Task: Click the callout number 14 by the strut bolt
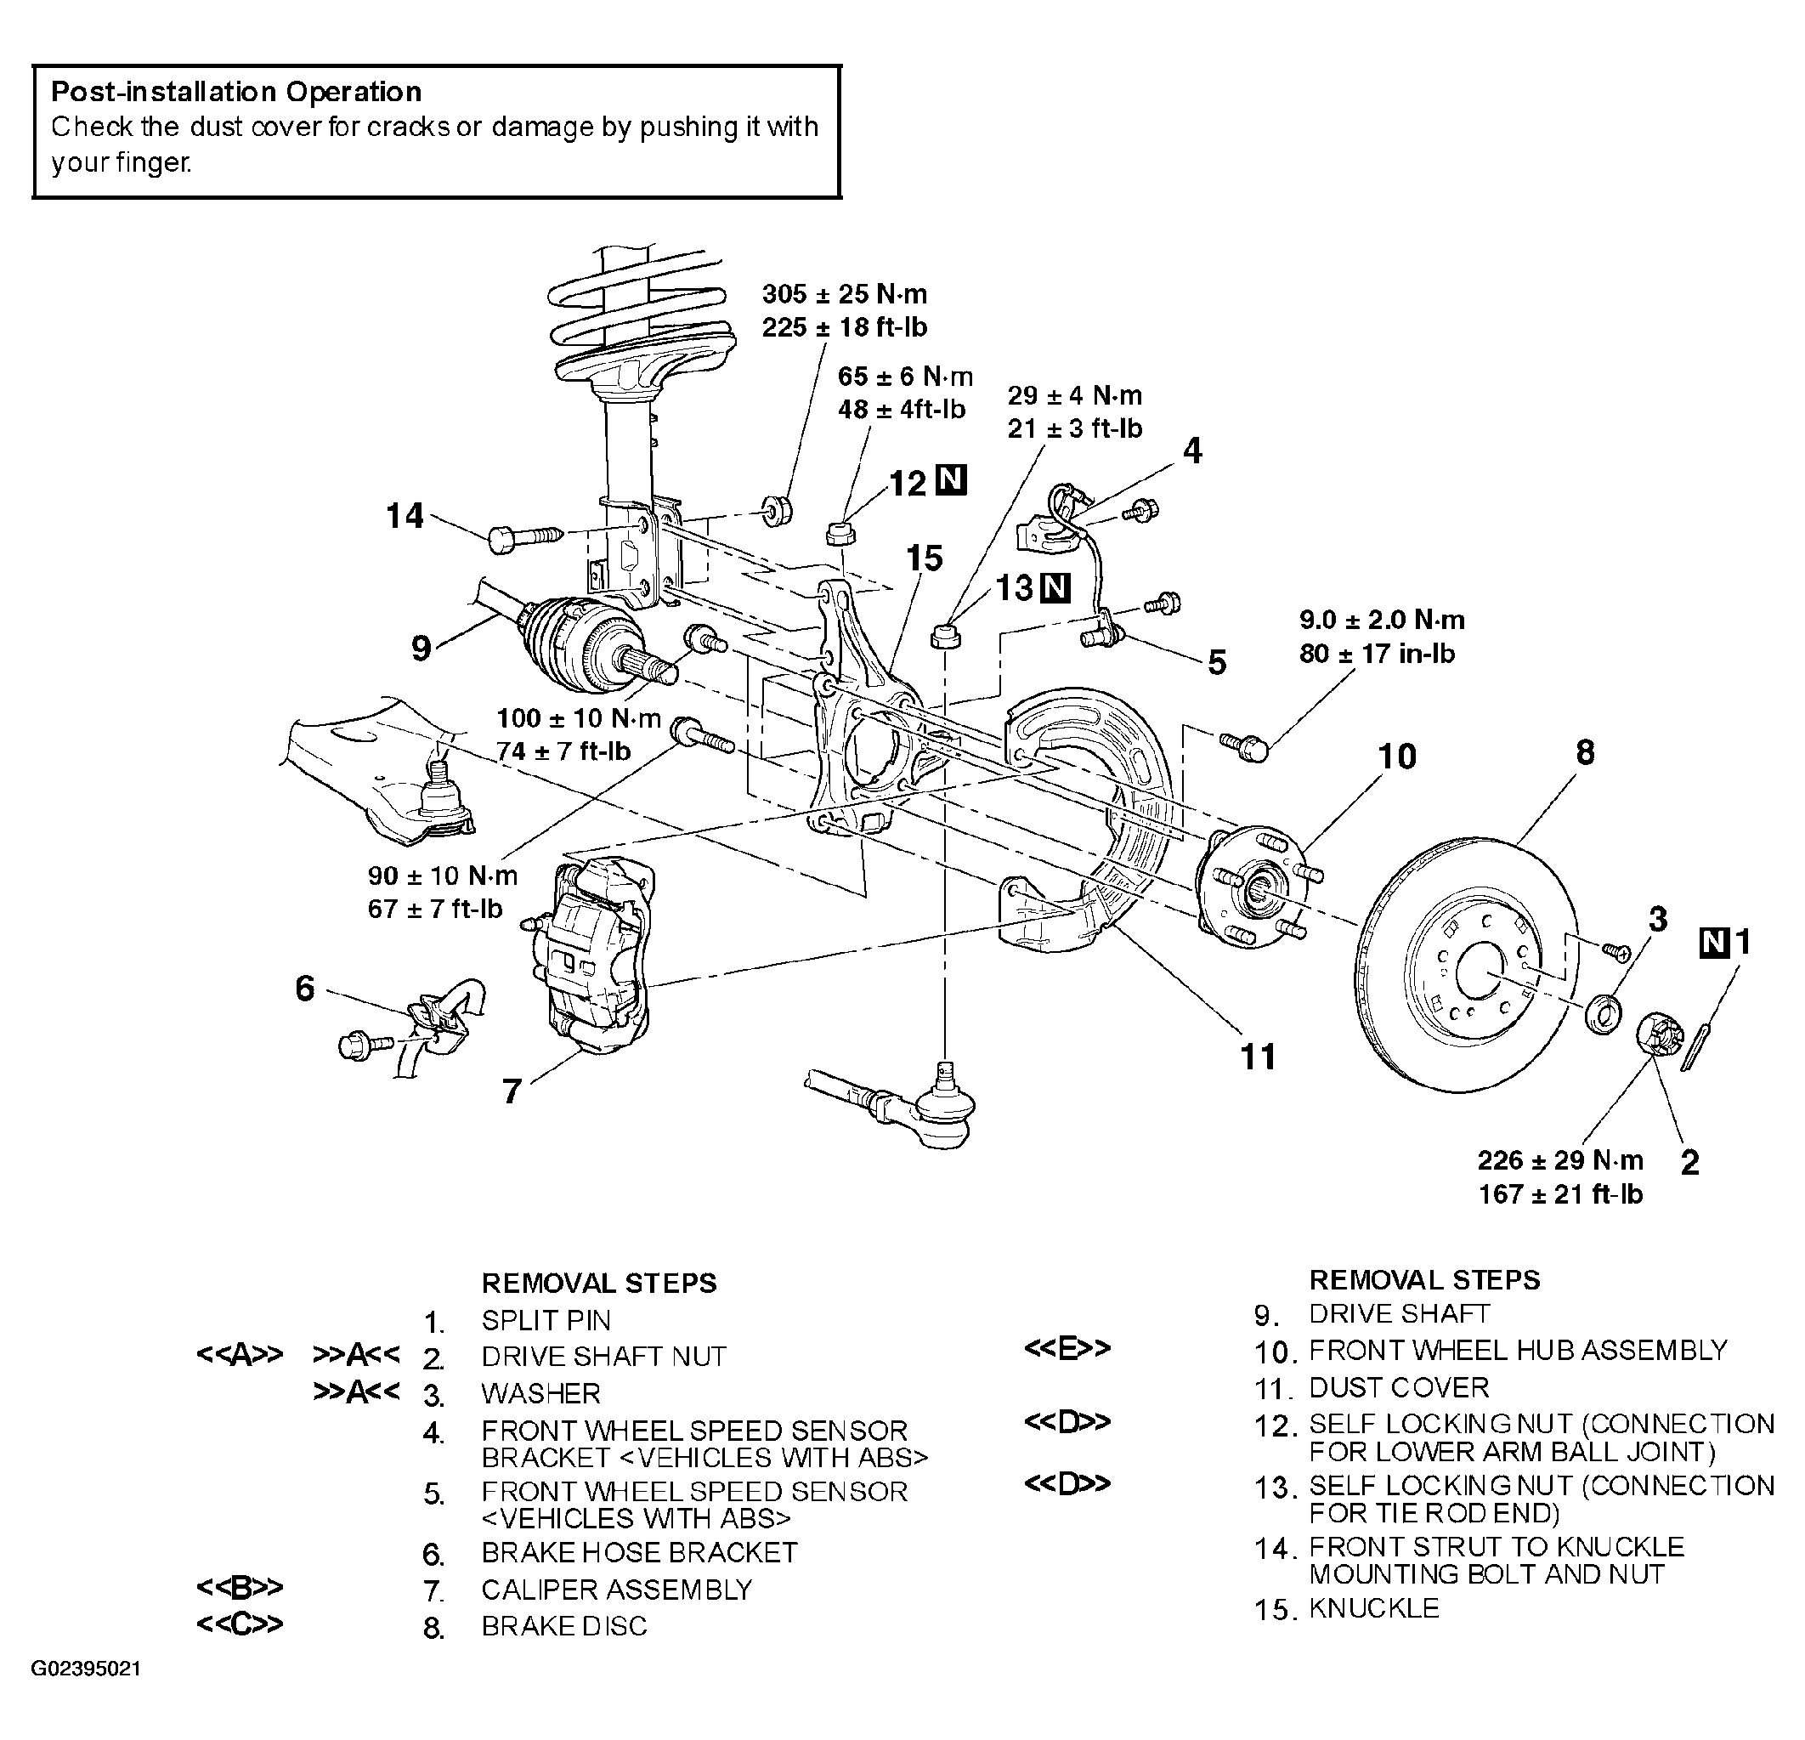pos(405,516)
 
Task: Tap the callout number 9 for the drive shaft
pos(421,649)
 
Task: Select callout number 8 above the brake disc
pos(1585,752)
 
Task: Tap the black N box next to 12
pos(951,481)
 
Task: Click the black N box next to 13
pos(1055,587)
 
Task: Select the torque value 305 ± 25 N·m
pos(845,295)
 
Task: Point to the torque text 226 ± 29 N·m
pos(1560,1159)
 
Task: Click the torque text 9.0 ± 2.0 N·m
pos(1383,620)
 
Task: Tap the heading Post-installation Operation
pos(237,92)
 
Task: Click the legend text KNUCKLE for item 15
pos(1374,1608)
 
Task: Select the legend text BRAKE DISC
pos(564,1627)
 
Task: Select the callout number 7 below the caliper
pos(512,1091)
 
